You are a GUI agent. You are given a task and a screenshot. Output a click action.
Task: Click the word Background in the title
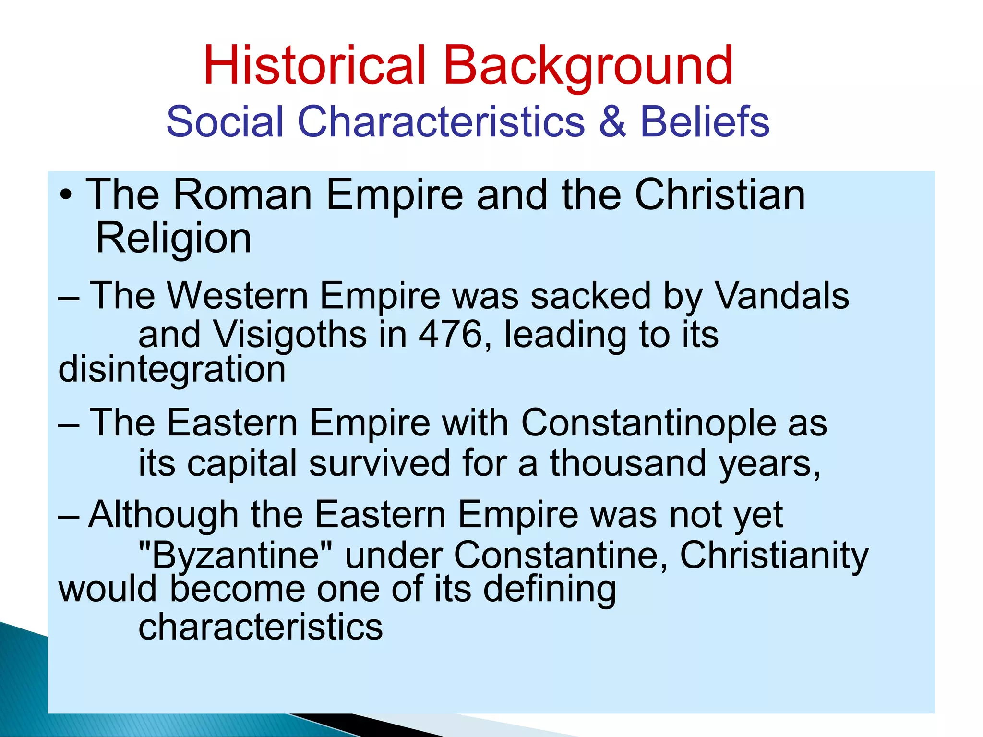point(588,65)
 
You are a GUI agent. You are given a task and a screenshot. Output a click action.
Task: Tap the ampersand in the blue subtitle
point(612,121)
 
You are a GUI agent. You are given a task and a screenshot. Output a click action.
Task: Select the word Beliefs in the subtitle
point(705,121)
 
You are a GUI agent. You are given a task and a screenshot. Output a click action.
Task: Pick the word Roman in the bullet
point(242,195)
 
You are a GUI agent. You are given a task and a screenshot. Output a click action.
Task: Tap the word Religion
point(173,238)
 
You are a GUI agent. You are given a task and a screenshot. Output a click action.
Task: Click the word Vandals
point(782,295)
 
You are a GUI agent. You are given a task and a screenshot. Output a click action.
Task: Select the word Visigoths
point(290,334)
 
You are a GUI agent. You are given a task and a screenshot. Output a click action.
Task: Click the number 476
point(450,334)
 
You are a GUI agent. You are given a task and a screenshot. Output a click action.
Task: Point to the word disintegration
point(172,370)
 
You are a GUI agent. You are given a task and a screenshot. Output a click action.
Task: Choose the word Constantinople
point(648,423)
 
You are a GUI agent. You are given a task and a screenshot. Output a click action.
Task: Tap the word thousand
point(628,463)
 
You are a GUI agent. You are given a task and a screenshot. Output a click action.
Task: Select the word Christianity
point(774,555)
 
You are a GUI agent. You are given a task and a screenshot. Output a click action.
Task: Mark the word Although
point(163,515)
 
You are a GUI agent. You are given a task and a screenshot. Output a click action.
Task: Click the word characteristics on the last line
point(261,627)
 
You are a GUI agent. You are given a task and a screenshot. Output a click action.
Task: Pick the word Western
point(237,295)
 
